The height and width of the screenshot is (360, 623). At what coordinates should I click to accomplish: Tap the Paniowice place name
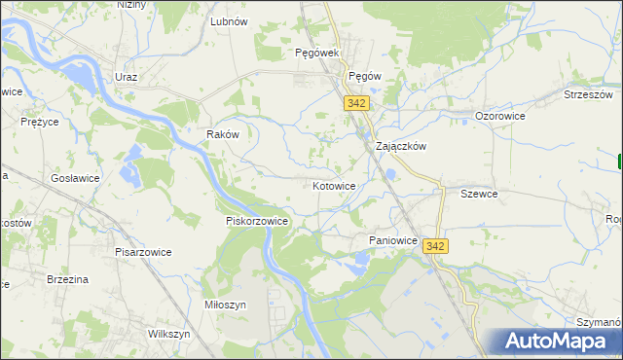(x=393, y=240)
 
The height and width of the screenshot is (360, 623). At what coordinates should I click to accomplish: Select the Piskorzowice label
(x=257, y=221)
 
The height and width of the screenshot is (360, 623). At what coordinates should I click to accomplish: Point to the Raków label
(x=223, y=135)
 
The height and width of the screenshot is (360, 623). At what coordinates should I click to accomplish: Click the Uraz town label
(x=126, y=77)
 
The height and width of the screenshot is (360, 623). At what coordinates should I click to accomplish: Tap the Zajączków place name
(x=402, y=147)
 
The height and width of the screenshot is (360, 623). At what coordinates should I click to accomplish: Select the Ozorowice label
(x=500, y=116)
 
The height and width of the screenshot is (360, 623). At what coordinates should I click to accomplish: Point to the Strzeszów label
(x=588, y=94)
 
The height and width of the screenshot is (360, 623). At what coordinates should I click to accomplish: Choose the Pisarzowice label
(x=143, y=252)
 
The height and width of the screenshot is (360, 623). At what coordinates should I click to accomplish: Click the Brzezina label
(x=68, y=279)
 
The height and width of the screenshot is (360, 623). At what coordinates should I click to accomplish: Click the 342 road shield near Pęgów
(x=355, y=102)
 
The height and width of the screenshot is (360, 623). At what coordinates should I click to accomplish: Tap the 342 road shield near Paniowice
(x=435, y=247)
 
